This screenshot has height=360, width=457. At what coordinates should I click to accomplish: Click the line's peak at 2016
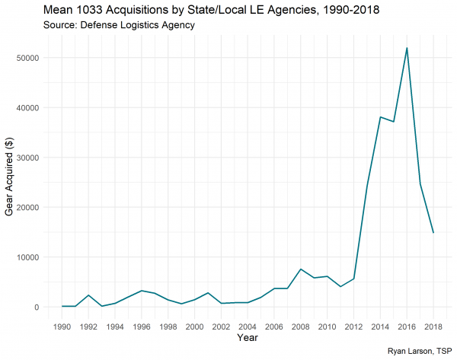407,48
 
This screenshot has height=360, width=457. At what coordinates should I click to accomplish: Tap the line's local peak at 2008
301,269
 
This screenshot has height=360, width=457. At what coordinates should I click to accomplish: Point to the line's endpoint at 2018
433,233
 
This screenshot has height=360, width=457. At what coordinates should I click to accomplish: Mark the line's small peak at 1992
88,295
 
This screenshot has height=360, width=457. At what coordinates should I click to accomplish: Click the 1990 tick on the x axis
62,327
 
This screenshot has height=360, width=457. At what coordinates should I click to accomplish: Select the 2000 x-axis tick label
195,327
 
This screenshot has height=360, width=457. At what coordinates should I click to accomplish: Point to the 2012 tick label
353,327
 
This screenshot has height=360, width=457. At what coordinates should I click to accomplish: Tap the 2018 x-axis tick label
433,327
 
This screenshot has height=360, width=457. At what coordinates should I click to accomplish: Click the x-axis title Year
248,337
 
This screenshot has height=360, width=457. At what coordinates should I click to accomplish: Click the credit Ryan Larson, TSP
416,352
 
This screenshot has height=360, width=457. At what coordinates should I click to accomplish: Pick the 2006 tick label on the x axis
274,327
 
